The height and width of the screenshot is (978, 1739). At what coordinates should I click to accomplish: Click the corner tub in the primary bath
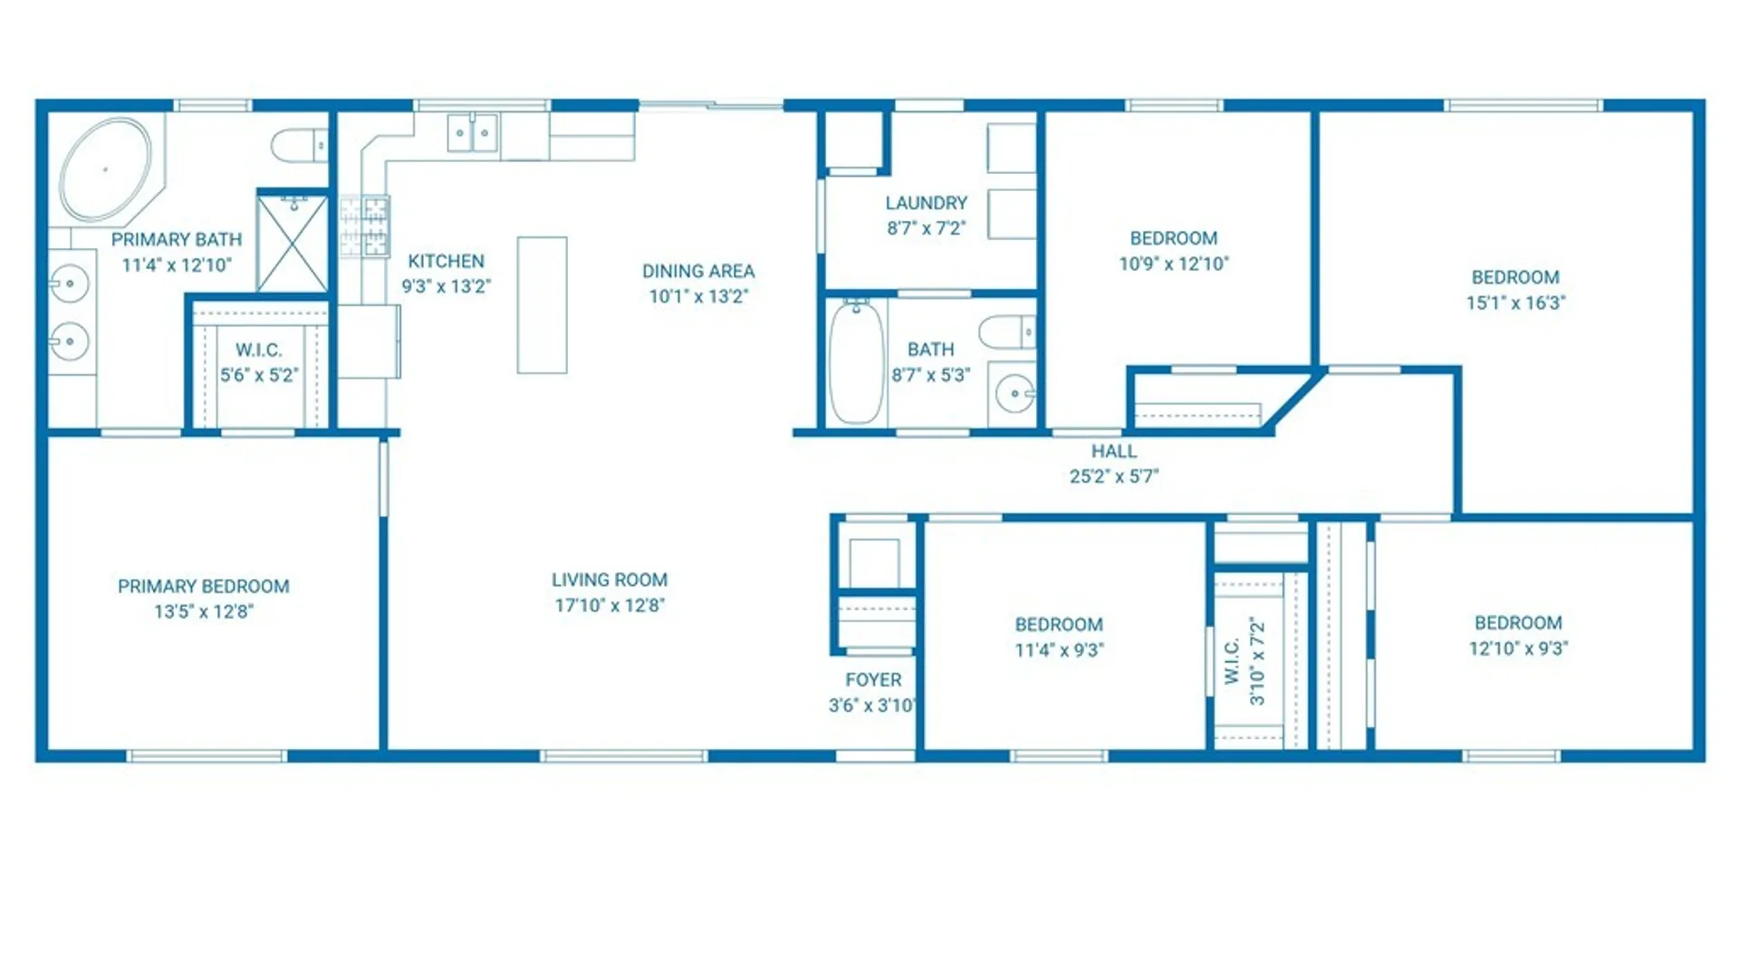pos(106,169)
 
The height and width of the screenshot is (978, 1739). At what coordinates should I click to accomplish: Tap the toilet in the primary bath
pos(300,145)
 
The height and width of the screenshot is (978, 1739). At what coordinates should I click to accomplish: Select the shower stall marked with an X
pos(293,243)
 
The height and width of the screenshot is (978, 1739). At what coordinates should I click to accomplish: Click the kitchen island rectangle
pos(543,305)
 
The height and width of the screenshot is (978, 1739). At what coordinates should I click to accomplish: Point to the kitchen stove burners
pos(364,226)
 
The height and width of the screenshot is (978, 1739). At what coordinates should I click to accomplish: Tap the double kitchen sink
pos(473,133)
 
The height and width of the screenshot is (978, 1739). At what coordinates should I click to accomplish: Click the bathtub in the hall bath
pos(856,362)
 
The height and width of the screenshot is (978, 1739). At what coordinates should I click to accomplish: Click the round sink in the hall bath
pos(1014,394)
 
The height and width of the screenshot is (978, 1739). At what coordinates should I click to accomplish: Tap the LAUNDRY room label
pos(927,203)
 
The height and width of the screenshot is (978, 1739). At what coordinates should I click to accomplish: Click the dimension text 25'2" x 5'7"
pos(1114,476)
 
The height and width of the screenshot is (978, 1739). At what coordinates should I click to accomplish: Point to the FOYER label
pos(873,680)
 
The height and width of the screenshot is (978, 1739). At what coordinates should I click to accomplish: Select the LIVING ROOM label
pos(610,580)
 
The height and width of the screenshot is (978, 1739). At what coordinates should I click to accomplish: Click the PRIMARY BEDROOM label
pos(204,586)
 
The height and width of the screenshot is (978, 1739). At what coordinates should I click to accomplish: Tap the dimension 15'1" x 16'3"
pos(1516,302)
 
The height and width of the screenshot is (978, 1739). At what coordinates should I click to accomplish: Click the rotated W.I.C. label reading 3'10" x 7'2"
pos(1244,661)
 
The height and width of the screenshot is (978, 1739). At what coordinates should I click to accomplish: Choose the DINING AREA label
pos(698,271)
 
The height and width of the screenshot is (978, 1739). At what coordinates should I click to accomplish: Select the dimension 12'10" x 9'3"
pos(1519,648)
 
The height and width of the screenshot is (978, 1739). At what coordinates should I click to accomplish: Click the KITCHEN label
pos(446,261)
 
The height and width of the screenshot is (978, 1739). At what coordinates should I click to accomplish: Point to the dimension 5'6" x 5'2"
pos(259,375)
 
